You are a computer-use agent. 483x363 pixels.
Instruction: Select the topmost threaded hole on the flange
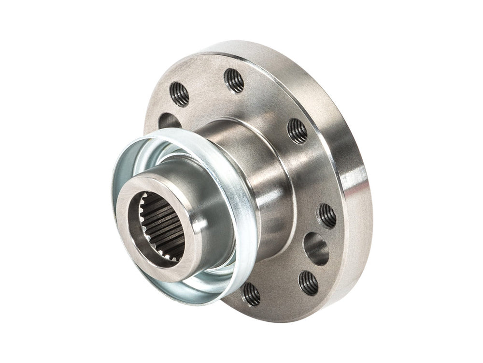(x=235, y=80)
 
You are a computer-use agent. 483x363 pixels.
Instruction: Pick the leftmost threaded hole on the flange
(x=179, y=94)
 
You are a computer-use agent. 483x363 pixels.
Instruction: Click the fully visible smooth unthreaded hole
(x=316, y=248)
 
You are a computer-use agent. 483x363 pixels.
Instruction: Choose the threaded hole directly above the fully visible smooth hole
(x=327, y=216)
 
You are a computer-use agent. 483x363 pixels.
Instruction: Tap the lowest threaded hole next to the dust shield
(x=251, y=294)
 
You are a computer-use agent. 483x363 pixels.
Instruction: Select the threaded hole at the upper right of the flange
(x=297, y=131)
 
